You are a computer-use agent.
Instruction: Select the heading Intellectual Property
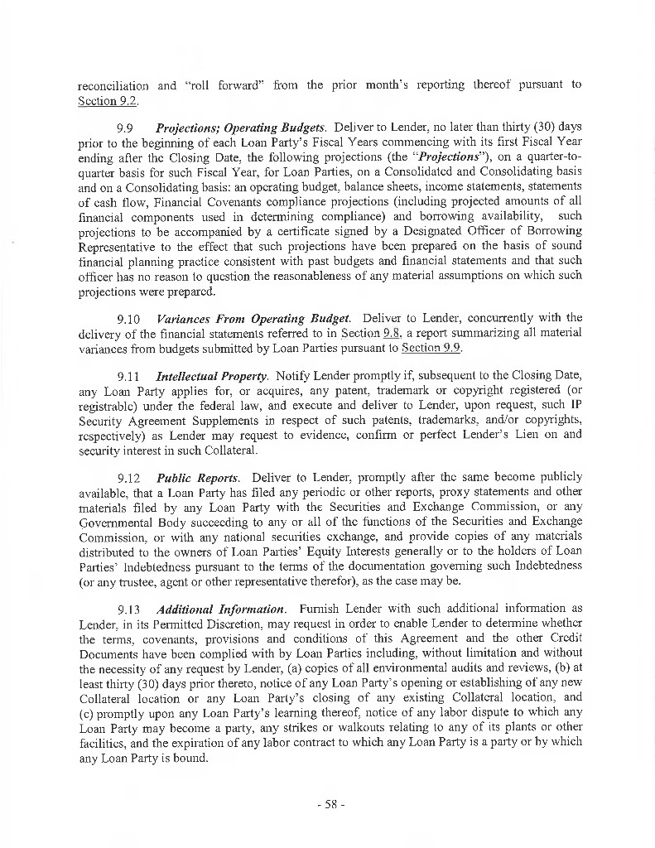tap(212, 376)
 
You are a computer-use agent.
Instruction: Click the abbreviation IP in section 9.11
tap(576, 406)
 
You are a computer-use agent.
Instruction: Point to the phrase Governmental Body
tap(129, 523)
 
